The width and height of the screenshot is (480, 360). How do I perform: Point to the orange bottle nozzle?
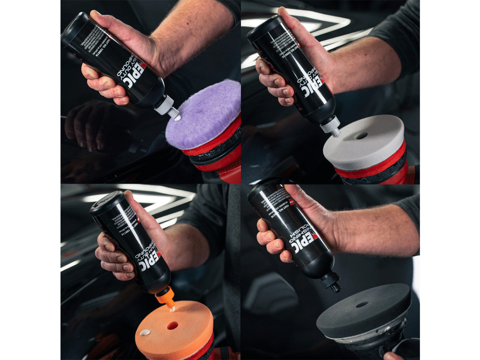tap(165, 298)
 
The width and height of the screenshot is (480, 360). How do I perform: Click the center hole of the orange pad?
tap(172, 325)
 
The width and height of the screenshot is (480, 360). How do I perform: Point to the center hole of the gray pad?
tap(362, 136)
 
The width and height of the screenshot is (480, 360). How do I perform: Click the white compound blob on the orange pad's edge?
tap(144, 332)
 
